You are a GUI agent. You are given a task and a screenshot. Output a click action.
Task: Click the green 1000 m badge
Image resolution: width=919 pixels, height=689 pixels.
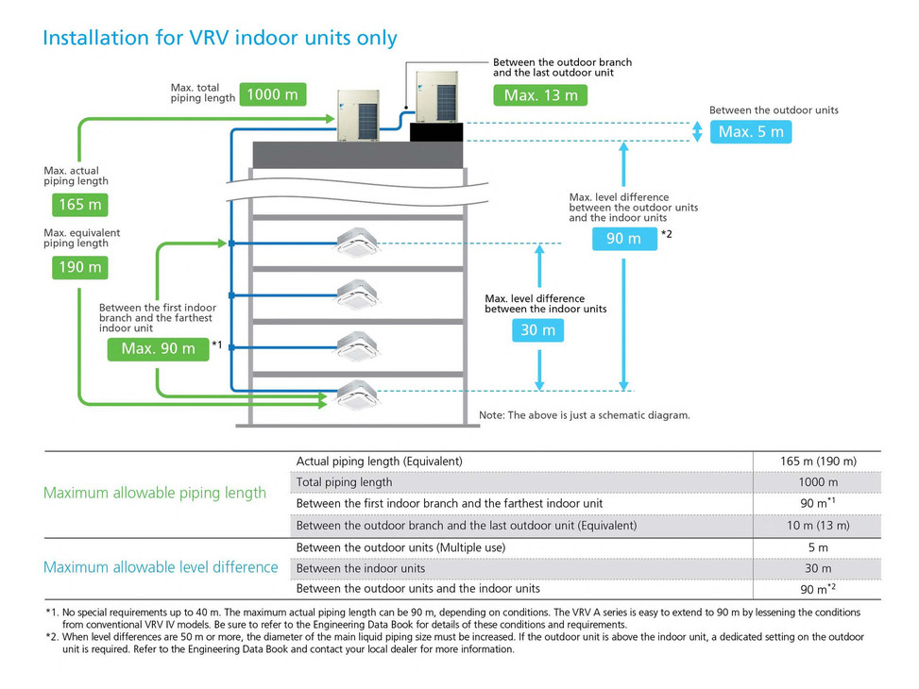point(272,93)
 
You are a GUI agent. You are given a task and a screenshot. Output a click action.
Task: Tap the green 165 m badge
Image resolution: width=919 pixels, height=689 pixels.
point(79,205)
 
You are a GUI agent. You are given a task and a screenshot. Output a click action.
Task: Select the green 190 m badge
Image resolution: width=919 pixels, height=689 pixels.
point(79,267)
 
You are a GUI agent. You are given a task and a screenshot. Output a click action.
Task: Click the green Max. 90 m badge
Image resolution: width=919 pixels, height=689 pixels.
point(158,348)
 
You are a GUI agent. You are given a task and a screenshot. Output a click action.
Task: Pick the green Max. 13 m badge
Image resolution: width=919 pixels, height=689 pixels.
point(539,94)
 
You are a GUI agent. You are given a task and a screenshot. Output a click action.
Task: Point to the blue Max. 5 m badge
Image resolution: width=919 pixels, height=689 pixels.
point(750,131)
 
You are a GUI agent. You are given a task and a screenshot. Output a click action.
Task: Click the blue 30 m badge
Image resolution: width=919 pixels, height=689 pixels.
point(538,330)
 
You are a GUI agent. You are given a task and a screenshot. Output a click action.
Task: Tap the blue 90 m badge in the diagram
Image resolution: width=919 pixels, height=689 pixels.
point(623,239)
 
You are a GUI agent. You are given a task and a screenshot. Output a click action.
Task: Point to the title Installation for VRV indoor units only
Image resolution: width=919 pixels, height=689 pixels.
point(220,38)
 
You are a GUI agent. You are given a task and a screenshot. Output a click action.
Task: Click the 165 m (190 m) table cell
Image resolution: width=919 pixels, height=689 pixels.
point(817,461)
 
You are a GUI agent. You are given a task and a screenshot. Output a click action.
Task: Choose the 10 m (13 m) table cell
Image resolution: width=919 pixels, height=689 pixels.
point(817,525)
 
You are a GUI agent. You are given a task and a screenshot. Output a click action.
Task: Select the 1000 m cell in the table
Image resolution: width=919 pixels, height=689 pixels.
point(817,482)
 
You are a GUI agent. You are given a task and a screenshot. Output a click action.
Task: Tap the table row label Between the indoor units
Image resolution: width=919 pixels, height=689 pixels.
point(361,568)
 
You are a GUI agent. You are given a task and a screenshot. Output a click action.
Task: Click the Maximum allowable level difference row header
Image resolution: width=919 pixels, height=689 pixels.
point(161,567)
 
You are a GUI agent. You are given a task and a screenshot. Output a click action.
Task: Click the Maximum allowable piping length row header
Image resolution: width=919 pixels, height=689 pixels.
point(155,493)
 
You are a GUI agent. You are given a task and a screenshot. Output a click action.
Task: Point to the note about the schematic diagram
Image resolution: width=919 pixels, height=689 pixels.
point(584,415)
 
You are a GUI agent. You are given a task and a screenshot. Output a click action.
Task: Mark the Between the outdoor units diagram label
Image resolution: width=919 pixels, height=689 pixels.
point(774,109)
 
